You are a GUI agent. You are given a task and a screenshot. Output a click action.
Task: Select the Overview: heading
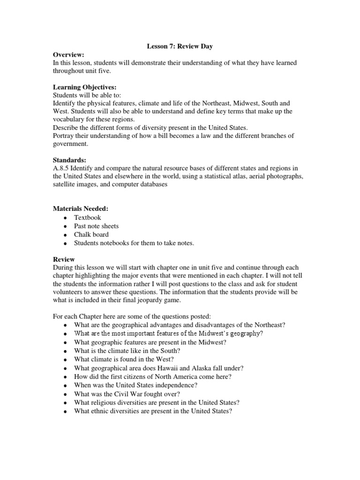pos(68,55)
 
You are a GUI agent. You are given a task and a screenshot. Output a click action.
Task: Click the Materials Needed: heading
pos(81,209)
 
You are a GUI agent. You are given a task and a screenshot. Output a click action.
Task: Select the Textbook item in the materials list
pos(87,217)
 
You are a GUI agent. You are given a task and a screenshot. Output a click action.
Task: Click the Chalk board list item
pos(91,234)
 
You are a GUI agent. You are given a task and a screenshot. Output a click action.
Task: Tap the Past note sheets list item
pos(96,226)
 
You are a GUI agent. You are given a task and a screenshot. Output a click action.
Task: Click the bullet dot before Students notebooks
pos(65,243)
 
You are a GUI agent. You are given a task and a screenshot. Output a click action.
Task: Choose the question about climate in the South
pos(127,351)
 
